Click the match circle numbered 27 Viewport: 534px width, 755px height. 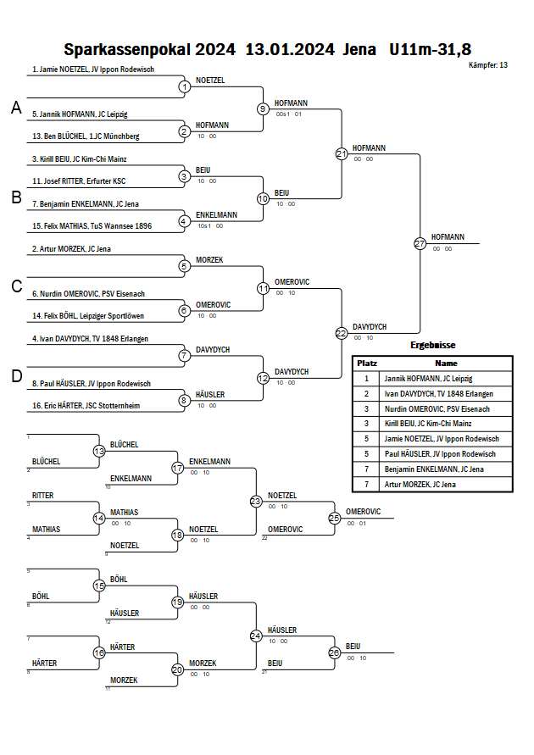pyautogui.click(x=420, y=243)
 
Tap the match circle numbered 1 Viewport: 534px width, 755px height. pyautogui.click(x=185, y=86)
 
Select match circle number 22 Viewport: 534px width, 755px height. pyautogui.click(x=342, y=333)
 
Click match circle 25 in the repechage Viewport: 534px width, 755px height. pyautogui.click(x=335, y=517)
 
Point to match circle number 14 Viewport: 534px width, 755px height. pyautogui.click(x=99, y=518)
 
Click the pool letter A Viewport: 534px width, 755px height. pyautogui.click(x=16, y=108)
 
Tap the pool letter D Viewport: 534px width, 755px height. pyautogui.click(x=16, y=376)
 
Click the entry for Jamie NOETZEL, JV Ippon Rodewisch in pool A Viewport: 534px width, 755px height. pyautogui.click(x=79, y=69)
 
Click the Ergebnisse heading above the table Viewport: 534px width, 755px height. pyautogui.click(x=433, y=346)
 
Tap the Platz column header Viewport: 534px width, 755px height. pyautogui.click(x=367, y=363)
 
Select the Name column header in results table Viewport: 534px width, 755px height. pyautogui.click(x=446, y=363)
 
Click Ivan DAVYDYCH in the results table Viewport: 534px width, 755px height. pyautogui.click(x=438, y=393)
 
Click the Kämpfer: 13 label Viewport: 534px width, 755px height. pyautogui.click(x=488, y=64)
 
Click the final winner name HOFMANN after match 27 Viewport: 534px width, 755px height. pyautogui.click(x=448, y=237)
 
